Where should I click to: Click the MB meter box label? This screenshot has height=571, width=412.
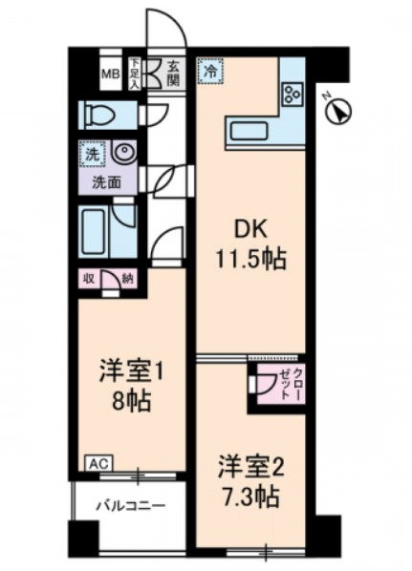111,74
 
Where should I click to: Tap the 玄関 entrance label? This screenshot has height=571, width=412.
174,74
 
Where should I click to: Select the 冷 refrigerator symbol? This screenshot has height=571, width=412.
210,71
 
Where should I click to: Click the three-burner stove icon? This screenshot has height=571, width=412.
293,94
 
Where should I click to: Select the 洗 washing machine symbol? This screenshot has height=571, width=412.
92,155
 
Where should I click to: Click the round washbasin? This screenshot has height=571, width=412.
124,152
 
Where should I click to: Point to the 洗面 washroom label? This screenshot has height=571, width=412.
106,182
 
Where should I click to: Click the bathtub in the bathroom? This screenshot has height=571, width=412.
94,232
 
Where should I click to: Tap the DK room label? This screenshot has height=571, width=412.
250,229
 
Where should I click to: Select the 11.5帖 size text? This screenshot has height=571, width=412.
250,259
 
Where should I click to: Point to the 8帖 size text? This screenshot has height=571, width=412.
131,402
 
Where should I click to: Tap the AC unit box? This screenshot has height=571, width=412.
99,464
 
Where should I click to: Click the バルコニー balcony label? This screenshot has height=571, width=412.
131,506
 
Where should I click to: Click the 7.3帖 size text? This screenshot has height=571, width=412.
250,497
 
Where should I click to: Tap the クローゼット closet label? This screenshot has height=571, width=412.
291,383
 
